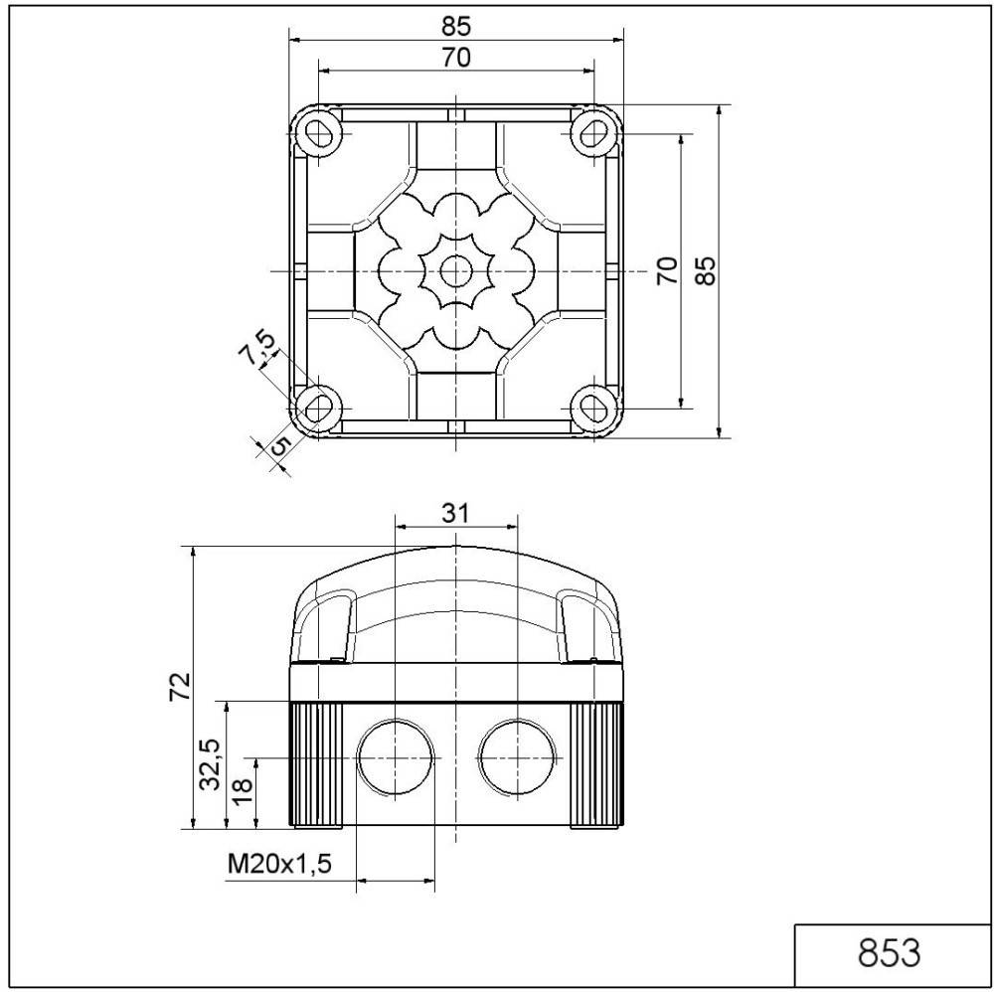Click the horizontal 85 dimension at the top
tap(456, 25)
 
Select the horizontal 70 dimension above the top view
tap(456, 58)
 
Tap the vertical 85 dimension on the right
tap(705, 270)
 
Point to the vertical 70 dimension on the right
tap(668, 270)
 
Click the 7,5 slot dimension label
tap(257, 350)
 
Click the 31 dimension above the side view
tap(455, 513)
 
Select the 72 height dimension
tap(179, 686)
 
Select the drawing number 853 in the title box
tap(889, 952)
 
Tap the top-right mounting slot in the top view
tap(592, 131)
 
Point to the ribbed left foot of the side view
tap(316, 763)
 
